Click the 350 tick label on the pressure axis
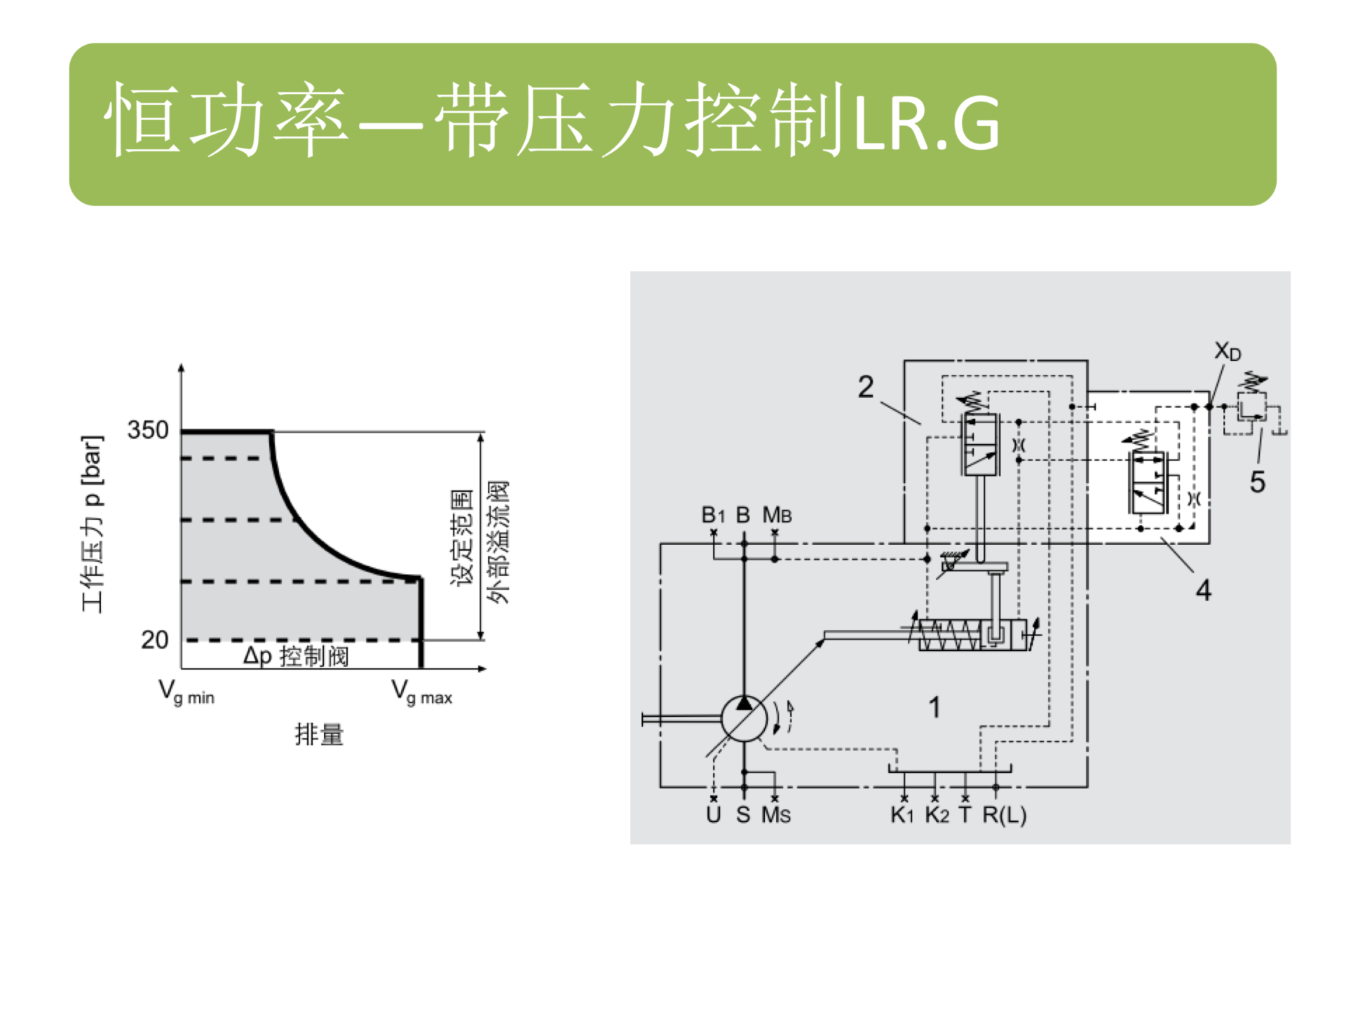point(148,430)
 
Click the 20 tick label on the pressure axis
point(154,639)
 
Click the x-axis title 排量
point(319,734)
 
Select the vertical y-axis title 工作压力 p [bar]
point(93,523)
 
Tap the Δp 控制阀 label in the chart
point(296,657)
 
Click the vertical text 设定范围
point(462,538)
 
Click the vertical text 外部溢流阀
point(498,542)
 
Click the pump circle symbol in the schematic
point(745,718)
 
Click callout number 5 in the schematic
point(1258,481)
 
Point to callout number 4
point(1203,590)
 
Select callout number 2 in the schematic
point(866,387)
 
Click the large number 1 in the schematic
point(934,707)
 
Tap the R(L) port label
point(1004,815)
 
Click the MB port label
point(777,515)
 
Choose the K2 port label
point(937,815)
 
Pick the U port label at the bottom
point(714,815)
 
